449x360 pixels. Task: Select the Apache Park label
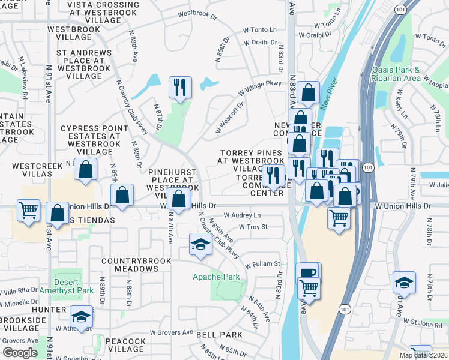click(215, 277)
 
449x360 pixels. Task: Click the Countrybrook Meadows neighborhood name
click(129, 265)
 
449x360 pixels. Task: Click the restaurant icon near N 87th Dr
click(179, 87)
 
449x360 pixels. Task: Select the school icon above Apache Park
click(200, 244)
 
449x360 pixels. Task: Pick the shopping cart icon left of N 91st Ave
click(28, 211)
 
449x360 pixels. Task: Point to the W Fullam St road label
click(262, 264)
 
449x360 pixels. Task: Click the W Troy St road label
click(253, 227)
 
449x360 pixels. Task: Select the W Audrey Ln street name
click(243, 215)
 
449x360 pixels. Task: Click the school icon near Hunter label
click(81, 316)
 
